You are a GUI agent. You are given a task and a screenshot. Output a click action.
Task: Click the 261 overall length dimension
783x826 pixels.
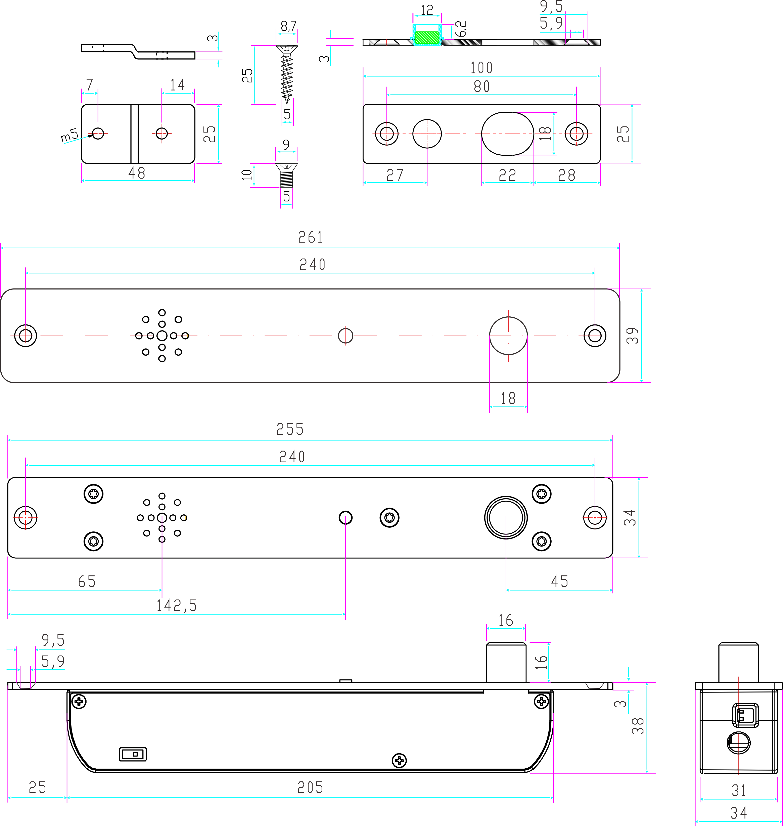(x=310, y=237)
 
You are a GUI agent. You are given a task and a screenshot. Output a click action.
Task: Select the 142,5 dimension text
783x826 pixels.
(x=176, y=606)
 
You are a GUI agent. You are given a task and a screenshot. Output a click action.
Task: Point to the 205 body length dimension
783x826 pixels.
(x=310, y=788)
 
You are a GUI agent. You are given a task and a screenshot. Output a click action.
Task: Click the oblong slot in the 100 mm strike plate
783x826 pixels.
(x=508, y=134)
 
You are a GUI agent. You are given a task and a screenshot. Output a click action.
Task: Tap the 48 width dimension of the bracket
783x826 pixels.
(x=137, y=173)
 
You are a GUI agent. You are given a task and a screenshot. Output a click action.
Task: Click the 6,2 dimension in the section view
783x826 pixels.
(x=461, y=29)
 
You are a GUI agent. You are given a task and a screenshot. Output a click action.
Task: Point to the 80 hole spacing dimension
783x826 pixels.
(x=482, y=86)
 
